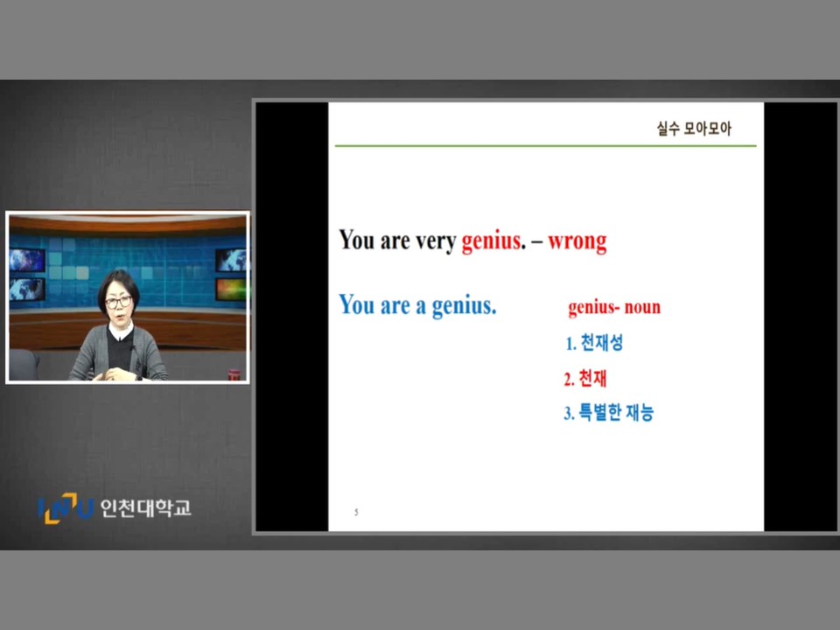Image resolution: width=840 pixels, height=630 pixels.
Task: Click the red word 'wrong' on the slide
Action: [577, 241]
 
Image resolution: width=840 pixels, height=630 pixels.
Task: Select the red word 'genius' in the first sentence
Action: [490, 241]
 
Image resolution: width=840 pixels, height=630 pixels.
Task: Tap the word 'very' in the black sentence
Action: [436, 241]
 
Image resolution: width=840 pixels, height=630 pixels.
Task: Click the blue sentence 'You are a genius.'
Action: [417, 304]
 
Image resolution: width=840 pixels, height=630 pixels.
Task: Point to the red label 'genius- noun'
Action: [614, 307]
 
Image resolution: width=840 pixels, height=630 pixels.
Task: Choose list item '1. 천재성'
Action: [594, 342]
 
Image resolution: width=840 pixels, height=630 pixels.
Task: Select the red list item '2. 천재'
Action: [585, 378]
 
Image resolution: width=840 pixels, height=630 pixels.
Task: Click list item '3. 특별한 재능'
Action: [609, 412]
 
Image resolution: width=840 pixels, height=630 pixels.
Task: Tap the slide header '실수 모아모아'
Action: [694, 128]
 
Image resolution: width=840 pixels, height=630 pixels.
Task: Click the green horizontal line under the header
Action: [545, 145]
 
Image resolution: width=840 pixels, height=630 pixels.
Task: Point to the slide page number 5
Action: [356, 512]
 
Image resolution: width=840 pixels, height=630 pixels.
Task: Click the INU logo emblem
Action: [66, 507]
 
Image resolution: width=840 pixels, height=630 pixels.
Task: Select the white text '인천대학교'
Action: [146, 507]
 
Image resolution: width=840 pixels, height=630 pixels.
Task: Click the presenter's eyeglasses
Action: [118, 302]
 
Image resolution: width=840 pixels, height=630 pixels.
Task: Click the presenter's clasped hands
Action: [114, 374]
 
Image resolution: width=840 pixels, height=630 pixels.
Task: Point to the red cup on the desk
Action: [234, 374]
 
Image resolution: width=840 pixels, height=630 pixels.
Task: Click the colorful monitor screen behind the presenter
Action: [231, 290]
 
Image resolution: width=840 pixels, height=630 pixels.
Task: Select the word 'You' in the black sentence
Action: [357, 240]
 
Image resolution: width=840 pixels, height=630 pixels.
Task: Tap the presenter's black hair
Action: [119, 283]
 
